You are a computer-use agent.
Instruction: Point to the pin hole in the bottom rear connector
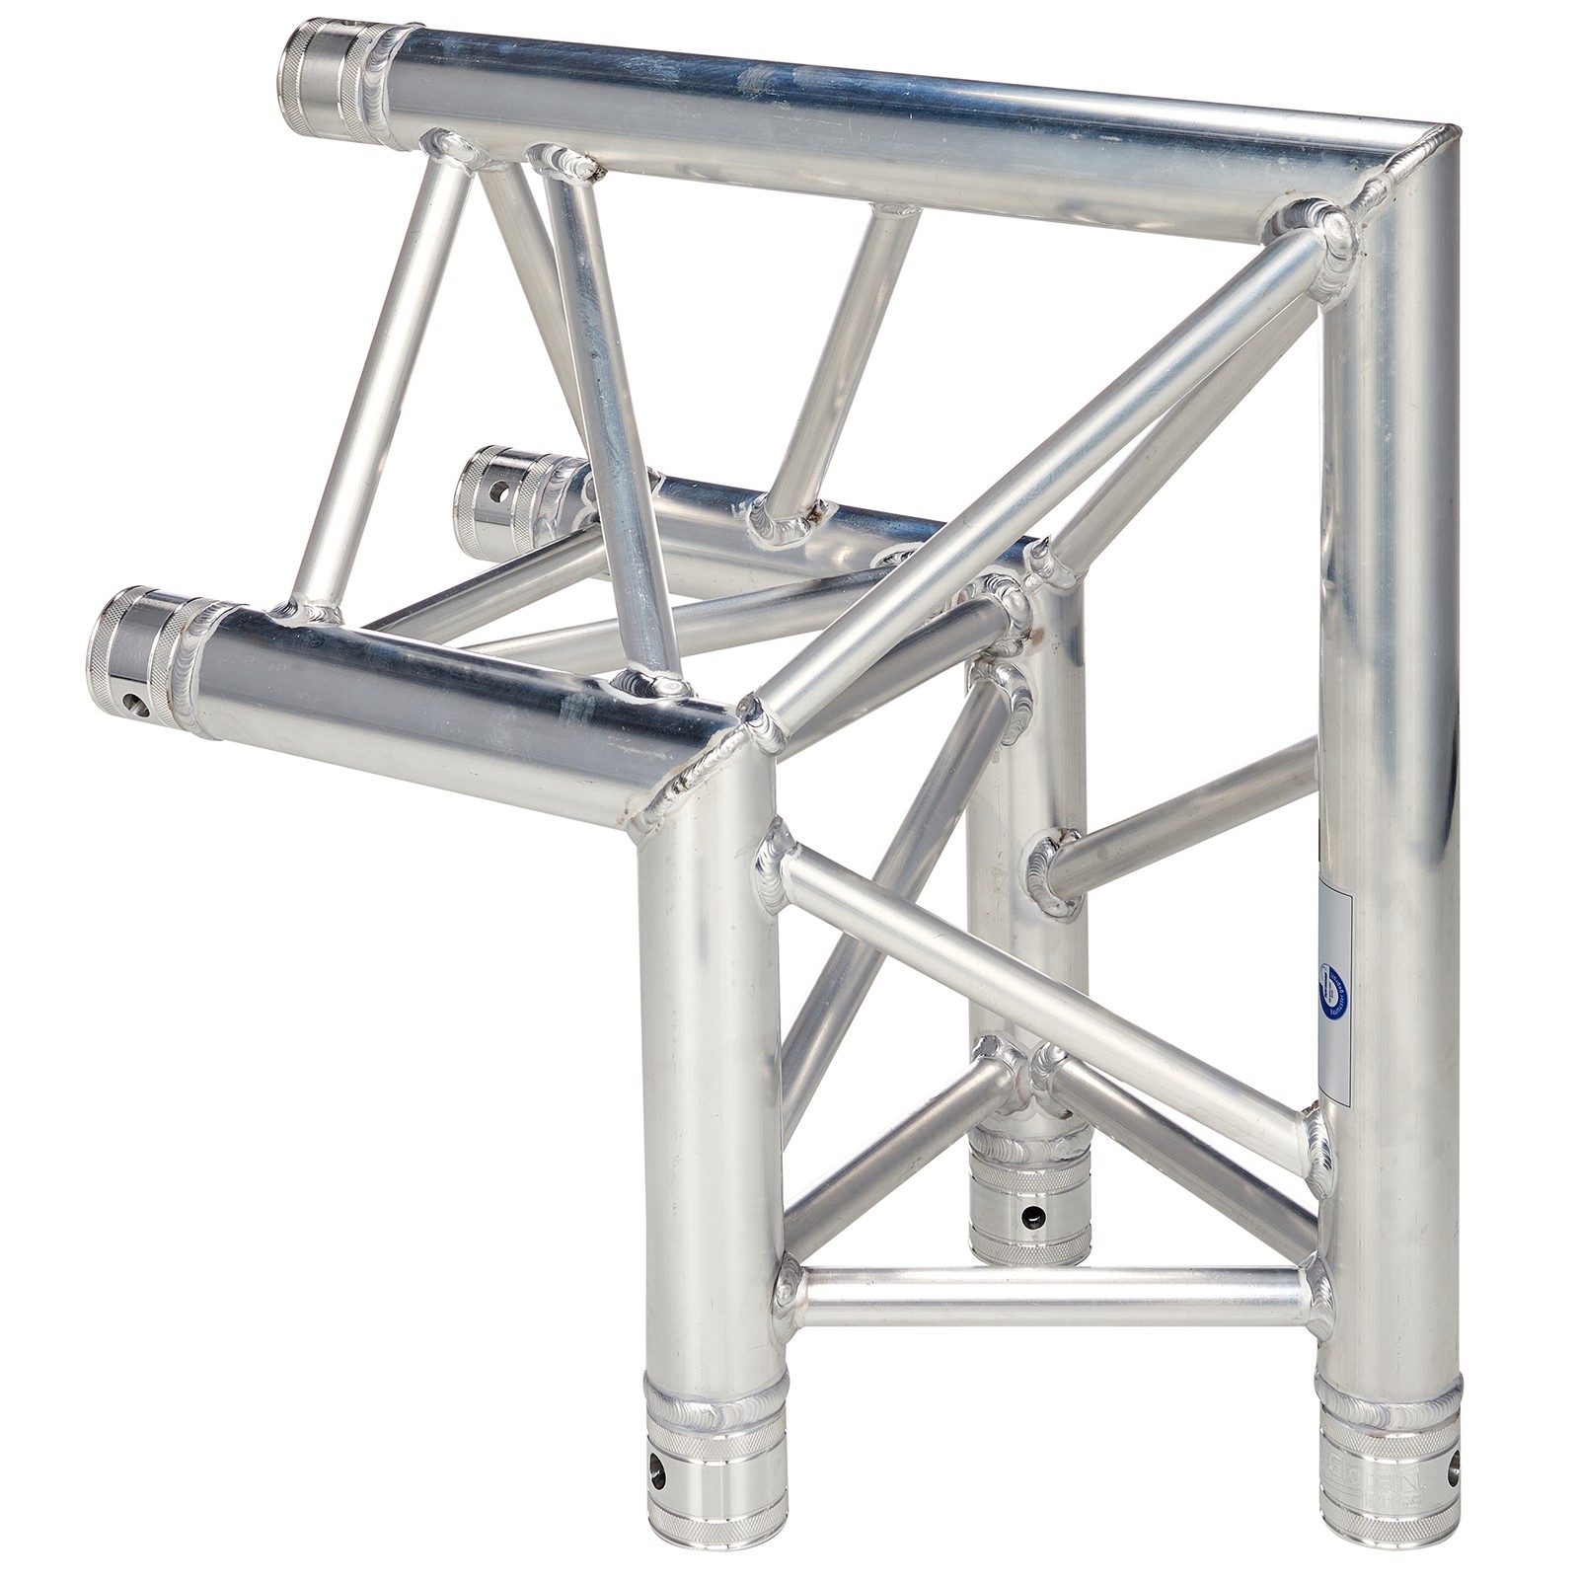(x=1031, y=1213)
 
